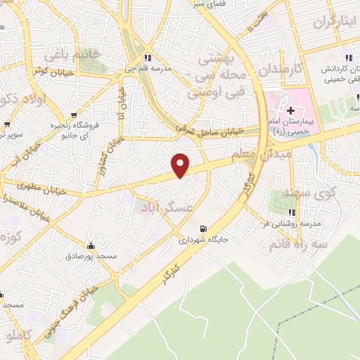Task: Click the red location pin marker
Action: coord(181,166)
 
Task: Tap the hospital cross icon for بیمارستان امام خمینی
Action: coord(290,110)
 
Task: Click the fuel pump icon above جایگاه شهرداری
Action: coord(204,228)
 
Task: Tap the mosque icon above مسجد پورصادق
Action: coord(90,246)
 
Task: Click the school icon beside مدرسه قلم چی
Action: coord(147,58)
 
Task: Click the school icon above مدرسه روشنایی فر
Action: coord(291,212)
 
